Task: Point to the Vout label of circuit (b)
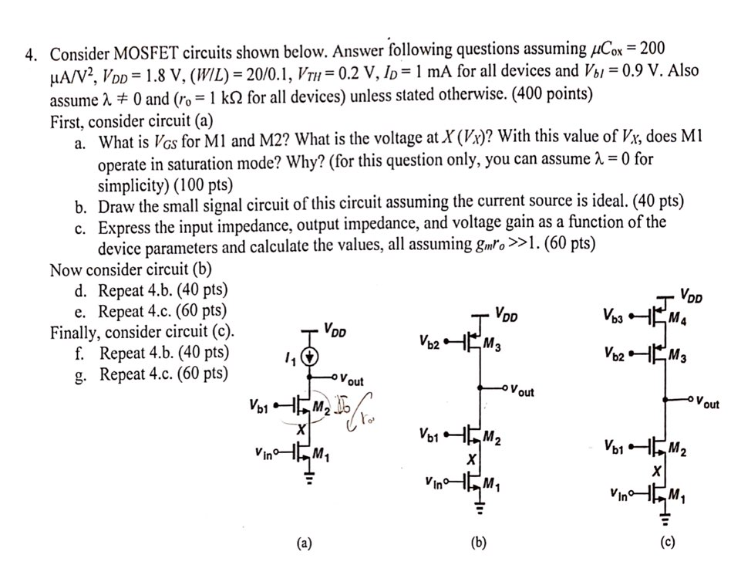(x=521, y=391)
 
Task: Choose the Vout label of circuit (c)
(x=707, y=403)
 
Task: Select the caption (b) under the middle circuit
(x=479, y=543)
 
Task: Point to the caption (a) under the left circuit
(x=305, y=543)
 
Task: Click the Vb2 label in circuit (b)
(x=430, y=340)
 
